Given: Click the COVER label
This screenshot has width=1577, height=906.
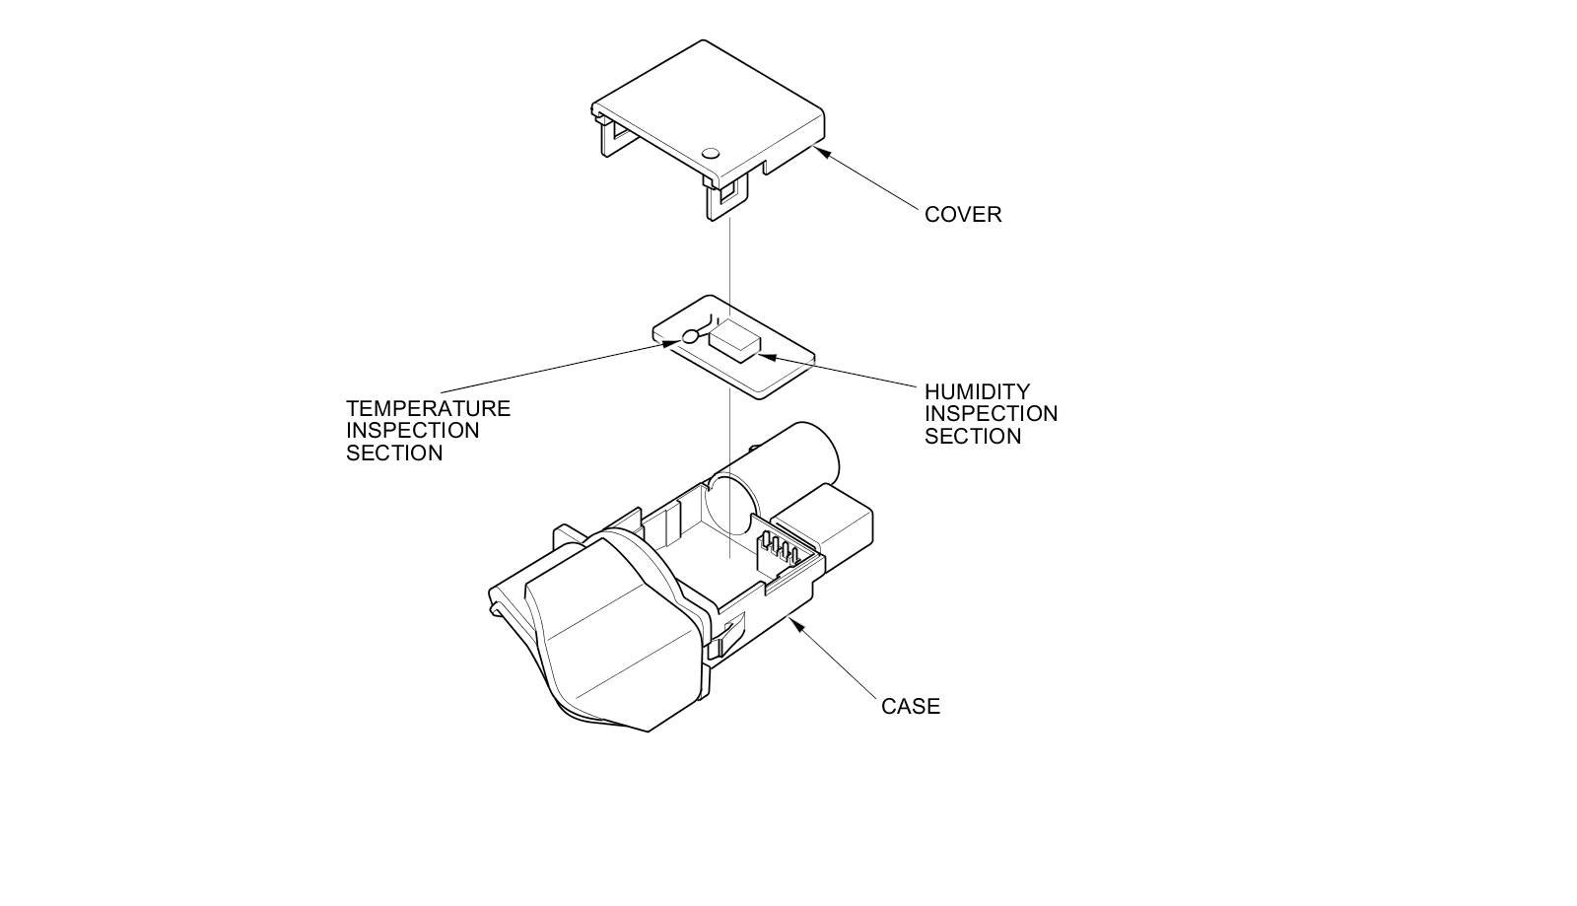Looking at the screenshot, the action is coord(962,215).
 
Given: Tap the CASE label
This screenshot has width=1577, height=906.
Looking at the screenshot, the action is coord(910,707).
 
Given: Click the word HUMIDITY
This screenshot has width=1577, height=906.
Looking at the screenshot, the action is coord(977,392).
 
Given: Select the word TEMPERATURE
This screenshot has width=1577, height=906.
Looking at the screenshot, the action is coord(428,409).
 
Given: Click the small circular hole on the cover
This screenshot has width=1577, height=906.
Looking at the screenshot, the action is coord(711,154).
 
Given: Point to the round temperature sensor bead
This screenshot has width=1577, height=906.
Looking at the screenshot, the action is coord(689,337).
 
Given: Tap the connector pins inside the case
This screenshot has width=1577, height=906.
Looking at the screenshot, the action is coord(776,549).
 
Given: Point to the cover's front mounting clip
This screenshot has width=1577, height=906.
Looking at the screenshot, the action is coord(722,201).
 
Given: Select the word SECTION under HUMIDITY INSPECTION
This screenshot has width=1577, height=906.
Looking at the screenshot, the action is coord(972,437).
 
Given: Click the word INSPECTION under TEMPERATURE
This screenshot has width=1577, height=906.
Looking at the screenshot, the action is coord(412,431).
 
